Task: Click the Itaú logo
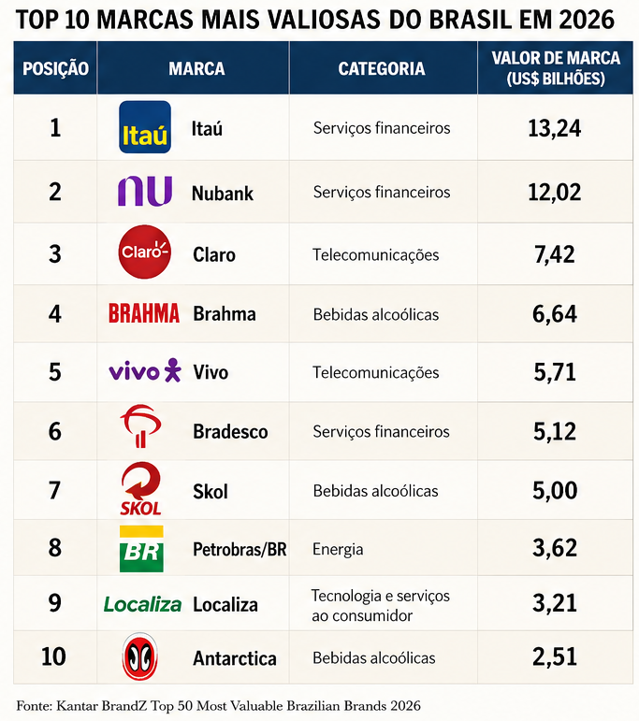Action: (145, 127)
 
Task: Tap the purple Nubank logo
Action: (145, 191)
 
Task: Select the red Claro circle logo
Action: (144, 252)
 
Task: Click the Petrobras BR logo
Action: (141, 549)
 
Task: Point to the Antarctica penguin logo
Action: (140, 656)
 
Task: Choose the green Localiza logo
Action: (142, 604)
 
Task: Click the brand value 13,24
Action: (555, 128)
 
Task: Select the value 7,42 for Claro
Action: (555, 254)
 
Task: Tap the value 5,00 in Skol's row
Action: (555, 490)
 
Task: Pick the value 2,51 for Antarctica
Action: (555, 656)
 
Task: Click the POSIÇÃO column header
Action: (55, 68)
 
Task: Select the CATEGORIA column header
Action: (382, 68)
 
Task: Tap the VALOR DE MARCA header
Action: (556, 58)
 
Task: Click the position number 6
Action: (55, 431)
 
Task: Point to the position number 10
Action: (53, 656)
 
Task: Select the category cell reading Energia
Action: (338, 549)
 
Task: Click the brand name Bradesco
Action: (230, 432)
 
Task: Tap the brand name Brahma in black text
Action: (225, 314)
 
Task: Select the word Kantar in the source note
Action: (72, 705)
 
